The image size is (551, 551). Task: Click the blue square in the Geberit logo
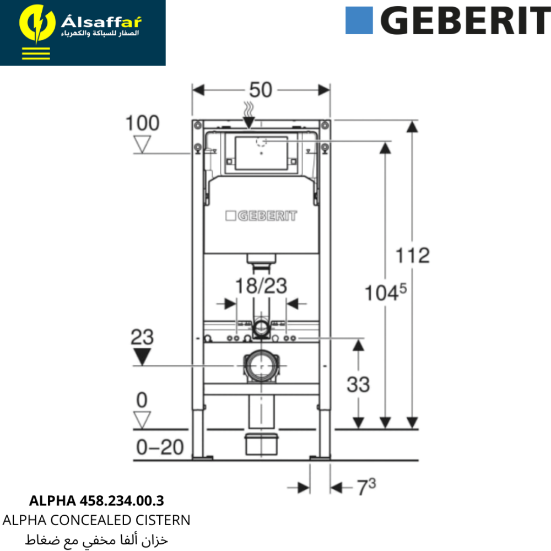point(359,21)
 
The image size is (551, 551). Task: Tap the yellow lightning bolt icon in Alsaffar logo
point(37,24)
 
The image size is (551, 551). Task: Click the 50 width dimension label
point(261,90)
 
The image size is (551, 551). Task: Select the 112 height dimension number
point(413,256)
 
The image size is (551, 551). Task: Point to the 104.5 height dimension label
point(386,293)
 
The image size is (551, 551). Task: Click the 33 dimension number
point(358,385)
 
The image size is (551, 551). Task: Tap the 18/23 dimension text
point(261,285)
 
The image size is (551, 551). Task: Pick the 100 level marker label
point(142,123)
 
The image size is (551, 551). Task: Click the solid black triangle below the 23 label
point(142,356)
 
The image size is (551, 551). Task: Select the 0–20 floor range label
point(160,447)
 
